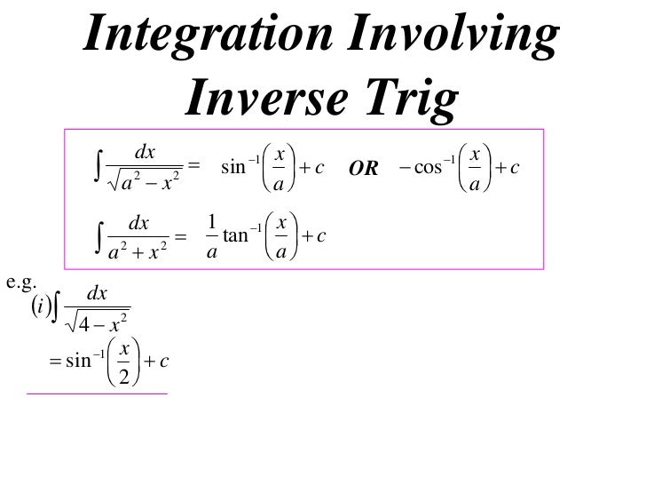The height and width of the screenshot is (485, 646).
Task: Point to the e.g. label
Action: pyautogui.click(x=19, y=282)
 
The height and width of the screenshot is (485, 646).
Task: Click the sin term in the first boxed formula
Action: pyautogui.click(x=232, y=166)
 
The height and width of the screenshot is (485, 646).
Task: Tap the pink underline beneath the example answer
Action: pyautogui.click(x=98, y=393)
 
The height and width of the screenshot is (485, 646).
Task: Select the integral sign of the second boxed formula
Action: pyautogui.click(x=98, y=235)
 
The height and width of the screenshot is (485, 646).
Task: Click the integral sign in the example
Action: pyautogui.click(x=58, y=311)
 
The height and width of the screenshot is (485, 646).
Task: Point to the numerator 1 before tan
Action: pyautogui.click(x=210, y=220)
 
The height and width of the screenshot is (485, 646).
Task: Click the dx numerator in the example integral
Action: pyautogui.click(x=96, y=294)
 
